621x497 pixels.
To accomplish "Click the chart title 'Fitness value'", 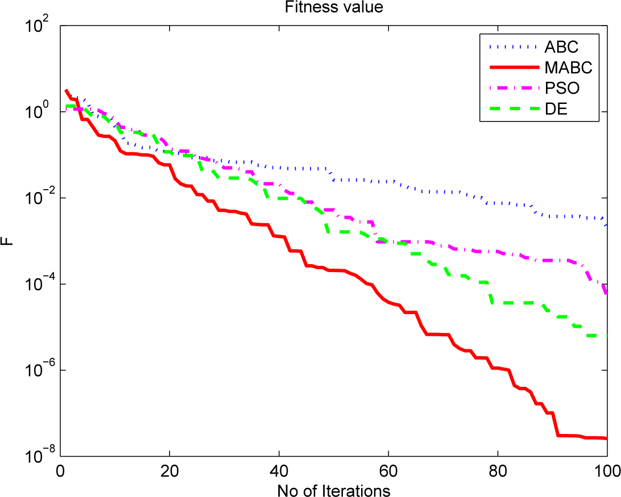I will click(333, 8).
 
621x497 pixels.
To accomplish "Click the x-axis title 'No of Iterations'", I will click(333, 488).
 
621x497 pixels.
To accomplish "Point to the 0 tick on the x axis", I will click(60, 471).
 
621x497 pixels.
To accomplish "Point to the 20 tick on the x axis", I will click(169, 471).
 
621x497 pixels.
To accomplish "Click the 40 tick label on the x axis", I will click(279, 471).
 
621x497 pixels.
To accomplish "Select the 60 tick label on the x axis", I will click(388, 471).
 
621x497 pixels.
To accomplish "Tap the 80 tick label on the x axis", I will click(498, 471).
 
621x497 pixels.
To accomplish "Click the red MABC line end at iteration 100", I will click(606, 438).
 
